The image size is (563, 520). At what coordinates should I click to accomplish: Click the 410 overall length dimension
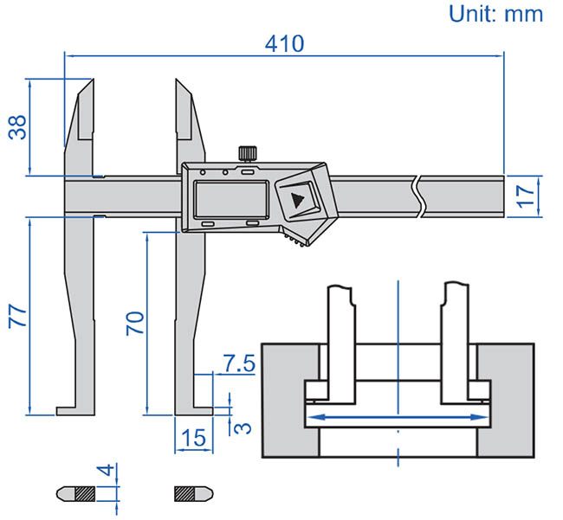[x=285, y=43]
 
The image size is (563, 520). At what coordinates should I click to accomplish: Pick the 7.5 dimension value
[x=237, y=363]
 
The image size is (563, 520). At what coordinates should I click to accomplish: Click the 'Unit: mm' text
[x=495, y=13]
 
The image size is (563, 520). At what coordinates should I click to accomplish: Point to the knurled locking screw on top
[x=247, y=155]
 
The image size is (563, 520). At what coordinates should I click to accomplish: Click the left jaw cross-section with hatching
[x=84, y=494]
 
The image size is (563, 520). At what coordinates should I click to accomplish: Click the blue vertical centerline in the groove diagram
[x=397, y=346]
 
